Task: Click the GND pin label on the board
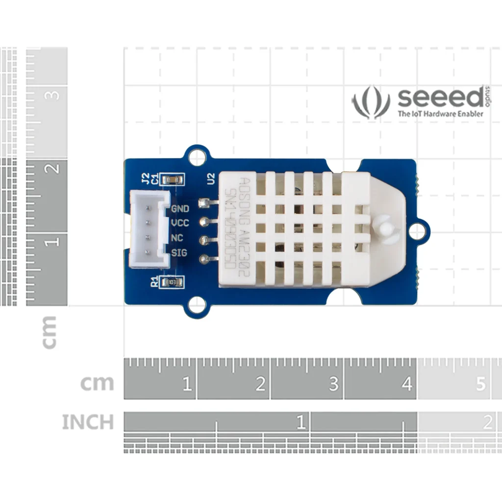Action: [x=180, y=209]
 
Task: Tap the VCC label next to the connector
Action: [x=180, y=224]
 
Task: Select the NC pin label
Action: [x=177, y=238]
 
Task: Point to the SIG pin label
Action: [x=179, y=253]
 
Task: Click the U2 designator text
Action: [x=211, y=179]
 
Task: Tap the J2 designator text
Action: [x=145, y=178]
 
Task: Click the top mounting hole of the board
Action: [x=197, y=157]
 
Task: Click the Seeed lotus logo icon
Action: [x=371, y=102]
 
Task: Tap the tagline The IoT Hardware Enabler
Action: [x=440, y=114]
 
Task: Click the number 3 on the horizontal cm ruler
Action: [x=334, y=384]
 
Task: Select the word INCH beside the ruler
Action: [x=88, y=422]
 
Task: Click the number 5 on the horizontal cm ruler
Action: [x=481, y=384]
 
